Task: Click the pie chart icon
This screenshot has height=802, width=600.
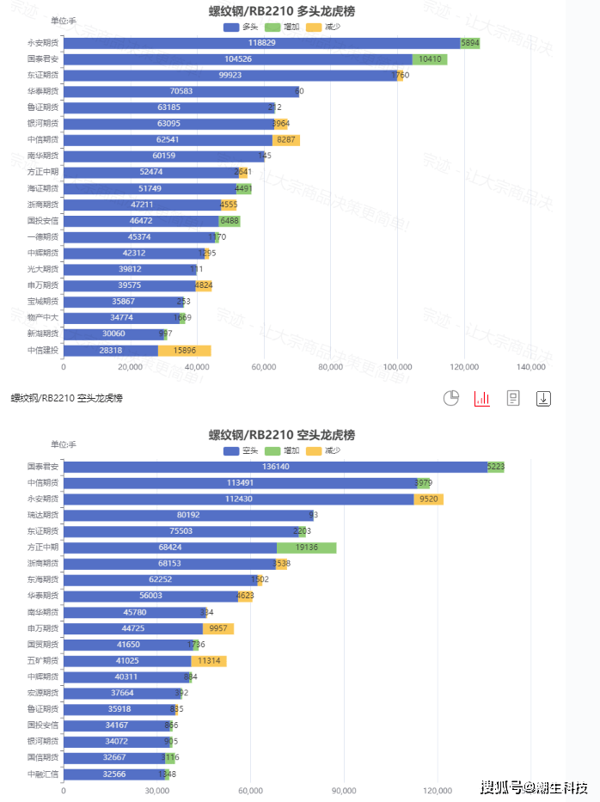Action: click(451, 398)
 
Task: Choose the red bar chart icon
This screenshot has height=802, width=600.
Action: click(481, 398)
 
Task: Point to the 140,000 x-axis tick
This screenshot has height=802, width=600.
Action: click(531, 367)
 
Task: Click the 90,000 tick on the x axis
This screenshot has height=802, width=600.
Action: click(344, 791)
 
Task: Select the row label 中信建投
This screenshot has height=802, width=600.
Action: click(43, 350)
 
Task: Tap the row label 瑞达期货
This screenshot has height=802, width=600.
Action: click(43, 515)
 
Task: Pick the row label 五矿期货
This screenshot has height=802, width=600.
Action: click(43, 660)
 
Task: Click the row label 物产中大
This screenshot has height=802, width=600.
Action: click(43, 317)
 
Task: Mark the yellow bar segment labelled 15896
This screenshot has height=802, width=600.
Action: click(184, 350)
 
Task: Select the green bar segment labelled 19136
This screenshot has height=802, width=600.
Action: click(306, 548)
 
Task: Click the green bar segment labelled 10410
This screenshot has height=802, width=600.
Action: click(430, 59)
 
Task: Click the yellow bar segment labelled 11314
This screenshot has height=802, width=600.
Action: click(209, 661)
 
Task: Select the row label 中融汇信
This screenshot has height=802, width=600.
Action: click(43, 774)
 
